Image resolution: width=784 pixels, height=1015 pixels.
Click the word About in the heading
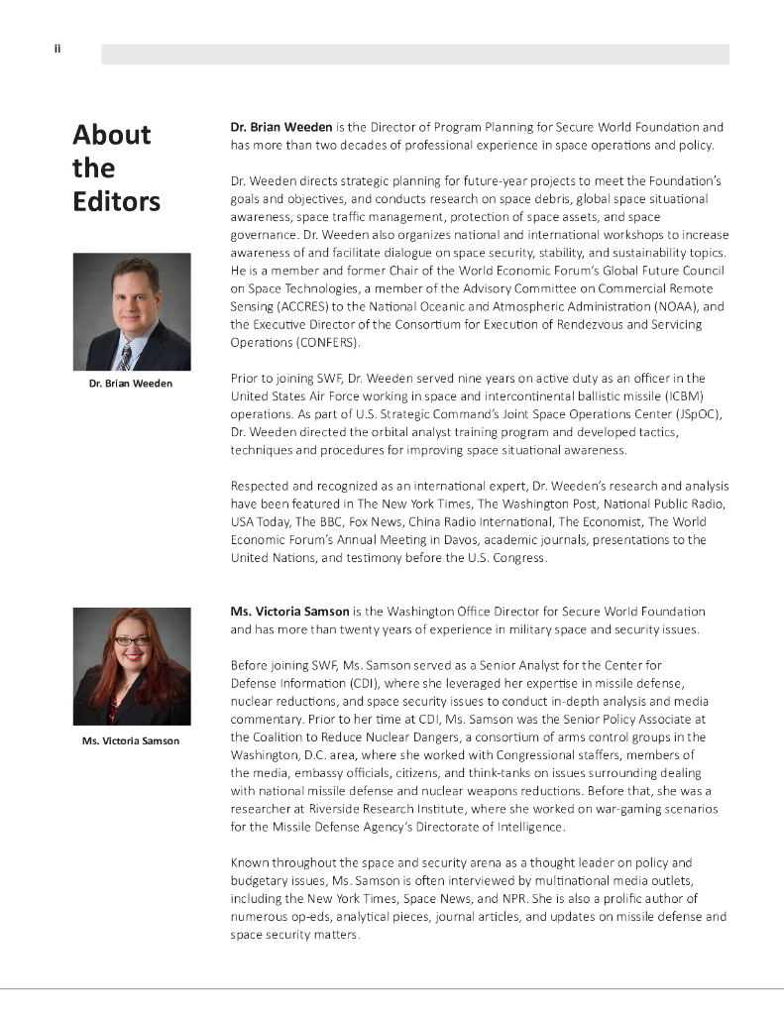pyautogui.click(x=112, y=135)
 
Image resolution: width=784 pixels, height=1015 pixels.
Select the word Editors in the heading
pyautogui.click(x=116, y=201)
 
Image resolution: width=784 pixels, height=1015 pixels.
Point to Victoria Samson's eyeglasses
pyautogui.click(x=132, y=641)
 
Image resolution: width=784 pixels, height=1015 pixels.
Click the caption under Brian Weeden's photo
pyautogui.click(x=131, y=383)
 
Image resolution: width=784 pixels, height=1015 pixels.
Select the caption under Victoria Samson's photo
pyautogui.click(x=131, y=740)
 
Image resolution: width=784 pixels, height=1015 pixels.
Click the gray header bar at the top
pyautogui.click(x=415, y=55)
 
